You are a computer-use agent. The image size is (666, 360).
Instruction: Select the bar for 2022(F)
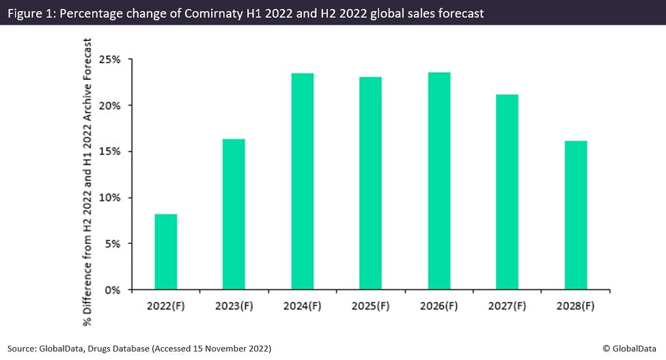tap(166, 251)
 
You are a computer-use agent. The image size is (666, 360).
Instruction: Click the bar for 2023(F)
tap(234, 214)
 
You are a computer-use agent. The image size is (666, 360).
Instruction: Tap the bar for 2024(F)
tap(303, 181)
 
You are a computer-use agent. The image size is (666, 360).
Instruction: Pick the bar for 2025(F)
tap(371, 183)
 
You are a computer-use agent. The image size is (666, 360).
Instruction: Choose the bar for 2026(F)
tap(439, 181)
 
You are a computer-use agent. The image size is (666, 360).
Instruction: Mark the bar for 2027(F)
tap(508, 192)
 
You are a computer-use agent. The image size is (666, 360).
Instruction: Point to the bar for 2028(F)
tap(576, 215)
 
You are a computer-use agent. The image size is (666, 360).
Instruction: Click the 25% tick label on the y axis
tap(110, 59)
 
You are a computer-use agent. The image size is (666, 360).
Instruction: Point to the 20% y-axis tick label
tap(110, 106)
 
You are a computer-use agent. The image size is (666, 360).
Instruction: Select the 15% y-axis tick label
tap(110, 152)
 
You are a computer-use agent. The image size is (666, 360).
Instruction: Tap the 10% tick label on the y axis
tap(110, 198)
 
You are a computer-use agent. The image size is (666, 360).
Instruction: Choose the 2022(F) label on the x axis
tap(166, 305)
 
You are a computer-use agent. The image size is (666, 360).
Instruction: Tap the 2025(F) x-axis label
tap(371, 305)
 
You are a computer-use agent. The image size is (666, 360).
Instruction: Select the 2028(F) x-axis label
tap(576, 305)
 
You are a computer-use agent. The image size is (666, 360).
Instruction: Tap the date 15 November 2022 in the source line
tap(230, 348)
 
